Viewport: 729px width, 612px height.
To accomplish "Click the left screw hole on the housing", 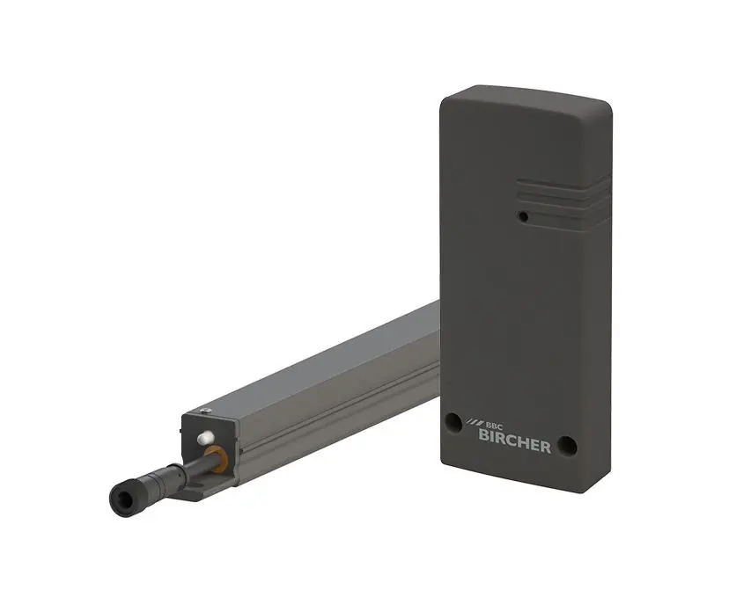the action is [453, 423].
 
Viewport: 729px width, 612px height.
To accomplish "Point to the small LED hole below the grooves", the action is [524, 216].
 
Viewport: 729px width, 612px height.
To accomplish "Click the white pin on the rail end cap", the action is [206, 436].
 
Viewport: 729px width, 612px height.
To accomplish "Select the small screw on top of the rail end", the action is [206, 411].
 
